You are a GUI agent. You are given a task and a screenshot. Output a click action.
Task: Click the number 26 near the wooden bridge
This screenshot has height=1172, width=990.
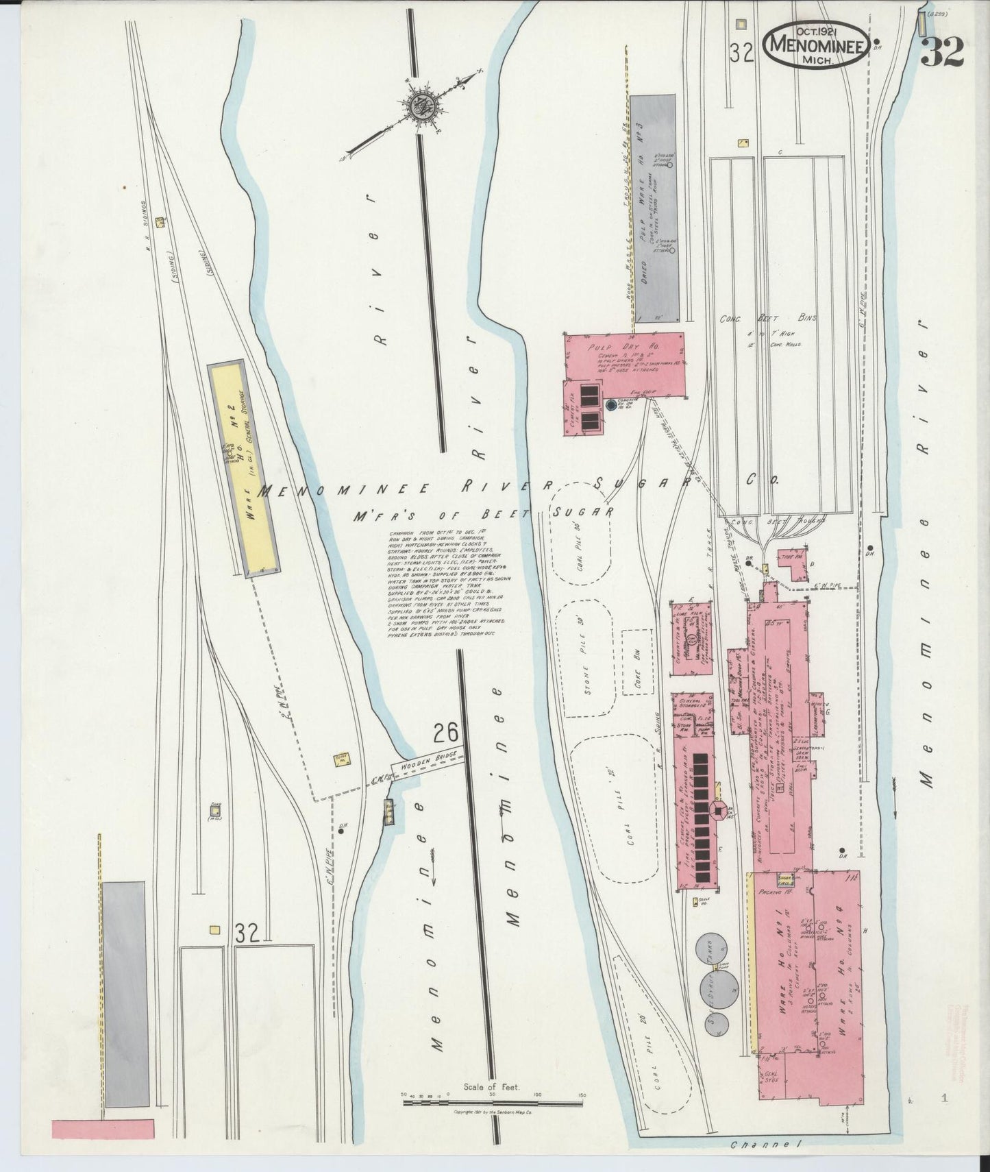tap(445, 735)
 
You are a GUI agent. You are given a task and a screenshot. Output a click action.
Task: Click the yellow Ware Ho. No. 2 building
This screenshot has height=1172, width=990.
tap(243, 466)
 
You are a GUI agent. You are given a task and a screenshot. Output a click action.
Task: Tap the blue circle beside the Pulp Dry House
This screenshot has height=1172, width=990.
tap(610, 406)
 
